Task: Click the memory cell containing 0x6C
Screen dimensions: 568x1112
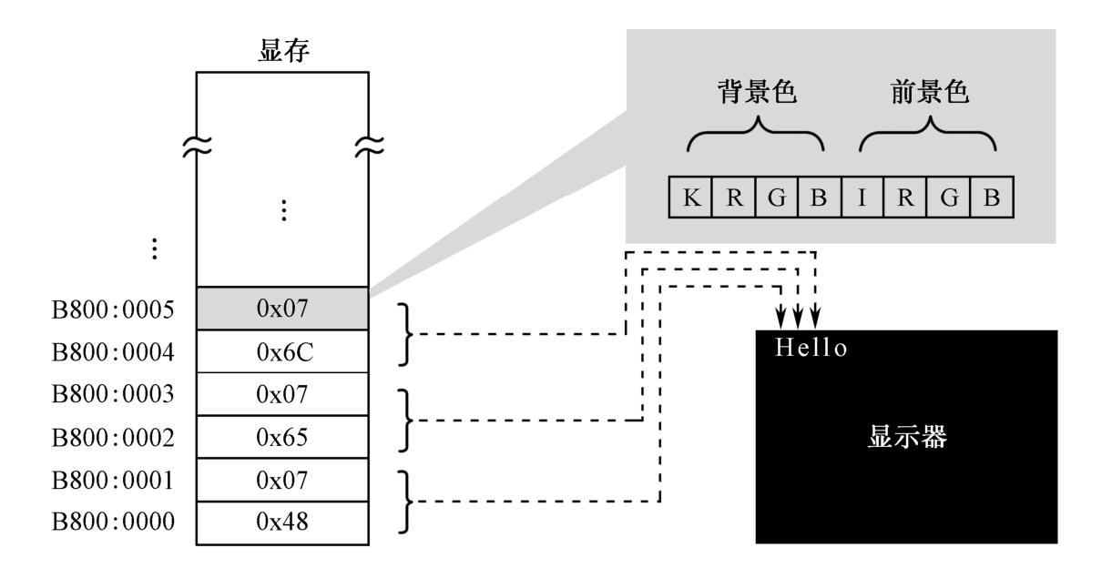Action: point(284,352)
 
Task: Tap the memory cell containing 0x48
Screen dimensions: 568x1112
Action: point(284,522)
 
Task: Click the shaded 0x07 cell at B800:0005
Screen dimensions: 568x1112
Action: point(284,309)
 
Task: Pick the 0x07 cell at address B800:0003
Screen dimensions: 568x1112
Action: point(284,395)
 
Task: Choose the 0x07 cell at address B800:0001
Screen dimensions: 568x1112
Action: point(284,480)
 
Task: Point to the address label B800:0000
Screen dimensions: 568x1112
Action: point(113,522)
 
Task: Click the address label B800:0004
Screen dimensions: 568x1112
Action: point(113,352)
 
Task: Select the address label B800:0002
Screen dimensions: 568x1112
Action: point(113,438)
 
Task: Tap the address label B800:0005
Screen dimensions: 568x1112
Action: point(113,309)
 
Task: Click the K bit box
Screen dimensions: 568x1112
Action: point(690,198)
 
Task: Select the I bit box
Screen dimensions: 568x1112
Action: point(862,198)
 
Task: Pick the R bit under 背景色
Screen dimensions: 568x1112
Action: point(733,198)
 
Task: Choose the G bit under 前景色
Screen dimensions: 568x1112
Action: point(947,198)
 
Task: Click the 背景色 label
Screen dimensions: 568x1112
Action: point(755,96)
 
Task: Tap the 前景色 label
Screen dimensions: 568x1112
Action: point(926,96)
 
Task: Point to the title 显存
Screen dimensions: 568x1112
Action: point(284,53)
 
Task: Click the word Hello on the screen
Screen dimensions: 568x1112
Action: point(811,348)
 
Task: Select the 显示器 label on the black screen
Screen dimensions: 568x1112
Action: point(906,438)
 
